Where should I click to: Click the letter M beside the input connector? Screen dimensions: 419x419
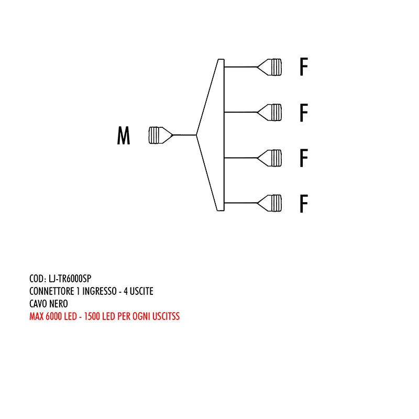click(x=124, y=136)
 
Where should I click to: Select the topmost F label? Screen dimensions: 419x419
click(x=303, y=68)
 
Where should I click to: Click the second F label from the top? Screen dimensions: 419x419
click(x=303, y=113)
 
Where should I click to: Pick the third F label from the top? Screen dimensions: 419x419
click(x=303, y=158)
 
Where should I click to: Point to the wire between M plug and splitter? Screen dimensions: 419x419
click(x=184, y=135)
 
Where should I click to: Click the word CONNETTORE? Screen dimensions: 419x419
click(x=52, y=291)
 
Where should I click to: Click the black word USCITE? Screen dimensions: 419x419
click(x=140, y=291)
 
